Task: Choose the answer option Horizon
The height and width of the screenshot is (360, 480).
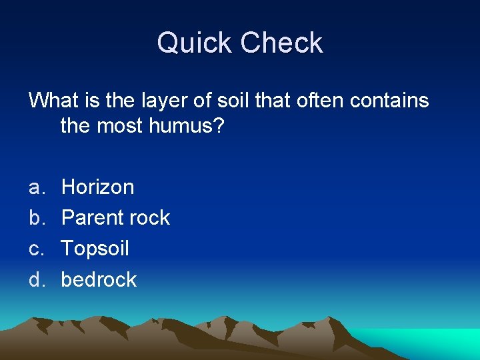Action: click(97, 187)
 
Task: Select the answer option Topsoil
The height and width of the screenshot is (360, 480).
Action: click(95, 249)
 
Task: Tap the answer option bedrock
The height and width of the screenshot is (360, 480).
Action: click(99, 279)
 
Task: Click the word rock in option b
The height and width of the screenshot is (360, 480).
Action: click(149, 218)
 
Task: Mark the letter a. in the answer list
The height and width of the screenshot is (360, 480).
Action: click(36, 187)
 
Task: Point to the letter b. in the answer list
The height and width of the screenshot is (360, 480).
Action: click(36, 218)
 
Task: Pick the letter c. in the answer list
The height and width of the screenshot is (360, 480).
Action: click(36, 249)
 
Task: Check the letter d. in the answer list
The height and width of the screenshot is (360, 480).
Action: click(36, 279)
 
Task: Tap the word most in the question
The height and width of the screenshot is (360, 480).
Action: click(119, 125)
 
